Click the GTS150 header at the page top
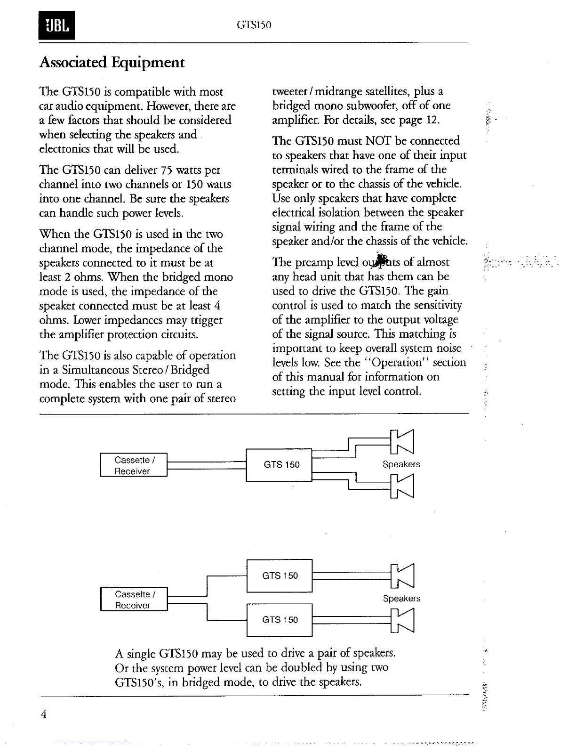click(255, 24)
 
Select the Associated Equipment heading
click(112, 63)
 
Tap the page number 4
click(43, 714)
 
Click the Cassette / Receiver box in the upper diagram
click(134, 465)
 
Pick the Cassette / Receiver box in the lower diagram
click(134, 600)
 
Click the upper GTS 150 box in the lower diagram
click(280, 576)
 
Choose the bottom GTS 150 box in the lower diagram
click(280, 620)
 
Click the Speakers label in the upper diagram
click(401, 464)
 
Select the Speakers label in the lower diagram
click(401, 599)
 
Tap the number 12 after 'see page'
click(432, 120)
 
